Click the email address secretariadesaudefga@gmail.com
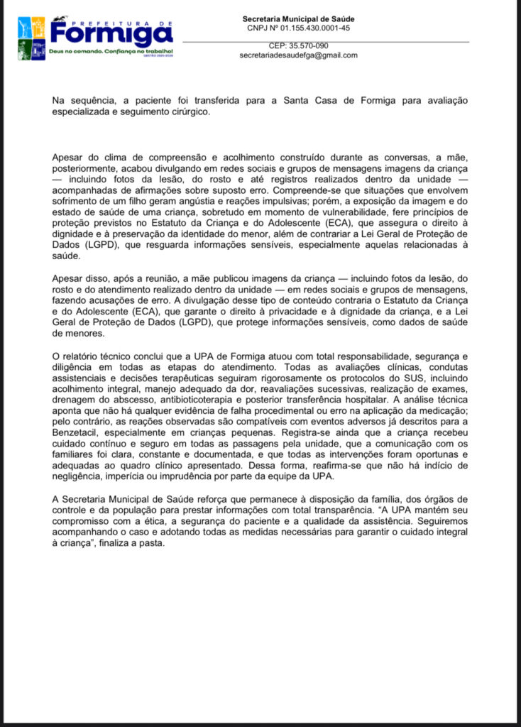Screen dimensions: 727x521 point(298,55)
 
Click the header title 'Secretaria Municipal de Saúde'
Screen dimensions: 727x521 point(298,19)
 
